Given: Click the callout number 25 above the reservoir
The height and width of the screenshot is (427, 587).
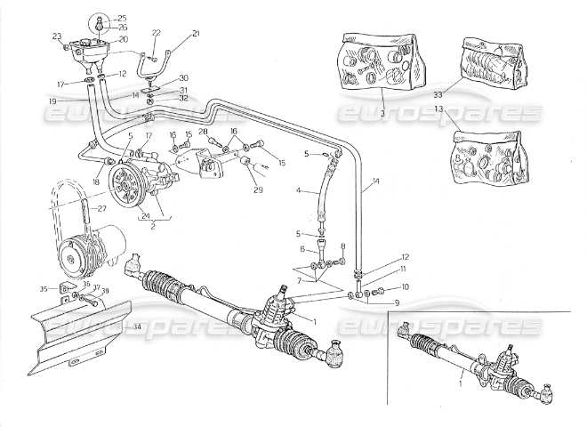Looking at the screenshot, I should pos(123,18).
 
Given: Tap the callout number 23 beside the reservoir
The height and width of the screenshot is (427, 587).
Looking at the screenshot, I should pos(56,36).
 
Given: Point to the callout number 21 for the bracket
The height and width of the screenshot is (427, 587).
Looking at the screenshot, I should pos(196,33).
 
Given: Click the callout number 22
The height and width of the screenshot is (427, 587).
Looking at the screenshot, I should pos(156,33).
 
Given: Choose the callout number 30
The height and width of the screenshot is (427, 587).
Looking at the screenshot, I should pos(183,78).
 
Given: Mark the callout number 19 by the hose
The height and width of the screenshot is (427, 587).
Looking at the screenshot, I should pos(53,102).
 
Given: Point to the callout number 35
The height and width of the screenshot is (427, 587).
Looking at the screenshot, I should pos(44,289).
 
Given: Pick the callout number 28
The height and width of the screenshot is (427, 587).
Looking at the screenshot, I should pos(204,132).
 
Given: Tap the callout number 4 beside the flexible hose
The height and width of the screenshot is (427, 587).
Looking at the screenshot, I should pos(300,189).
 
